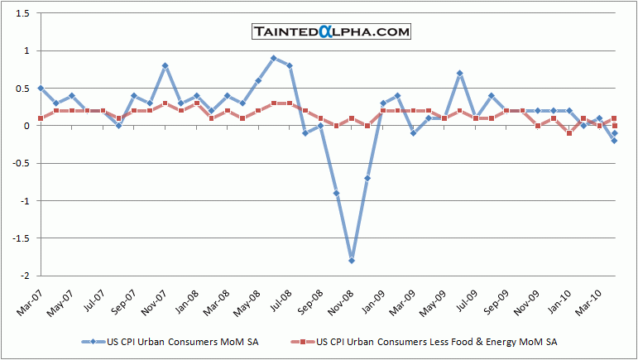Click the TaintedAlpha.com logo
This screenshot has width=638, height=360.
331,31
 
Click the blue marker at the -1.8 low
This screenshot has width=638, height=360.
352,261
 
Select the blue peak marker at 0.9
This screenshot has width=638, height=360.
274,58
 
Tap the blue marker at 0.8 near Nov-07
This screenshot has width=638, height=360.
165,65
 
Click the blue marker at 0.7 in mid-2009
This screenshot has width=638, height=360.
460,73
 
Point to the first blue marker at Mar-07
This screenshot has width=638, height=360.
41,88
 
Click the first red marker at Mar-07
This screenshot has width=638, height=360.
41,118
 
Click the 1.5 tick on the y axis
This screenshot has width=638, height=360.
22,13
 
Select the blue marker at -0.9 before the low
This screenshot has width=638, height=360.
336,193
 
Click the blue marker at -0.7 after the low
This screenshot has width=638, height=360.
367,178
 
